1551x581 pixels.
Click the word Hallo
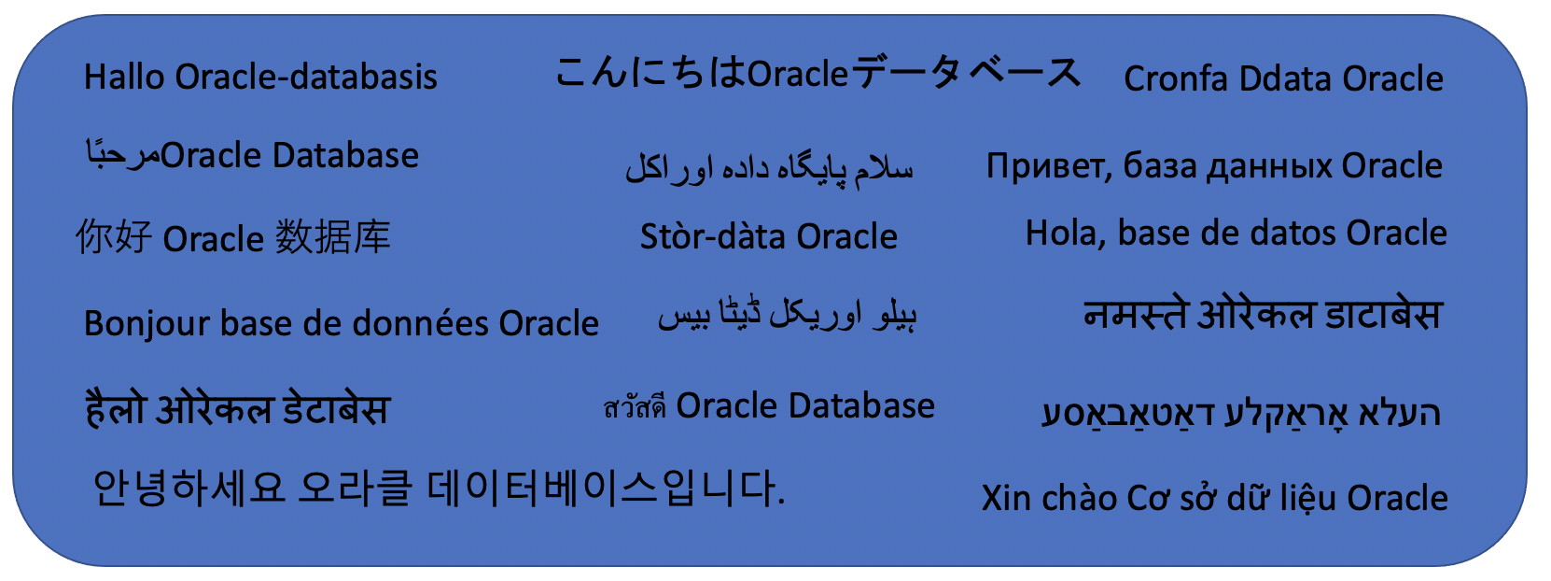[125, 77]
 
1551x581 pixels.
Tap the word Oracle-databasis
[306, 77]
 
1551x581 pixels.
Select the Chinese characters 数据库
[332, 237]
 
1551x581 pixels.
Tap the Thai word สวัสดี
[635, 407]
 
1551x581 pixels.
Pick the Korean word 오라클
[355, 488]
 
